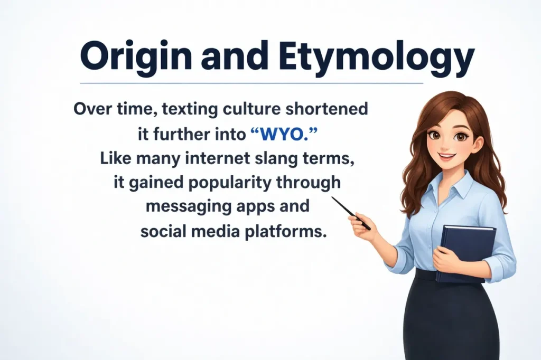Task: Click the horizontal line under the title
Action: click(x=251, y=83)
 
